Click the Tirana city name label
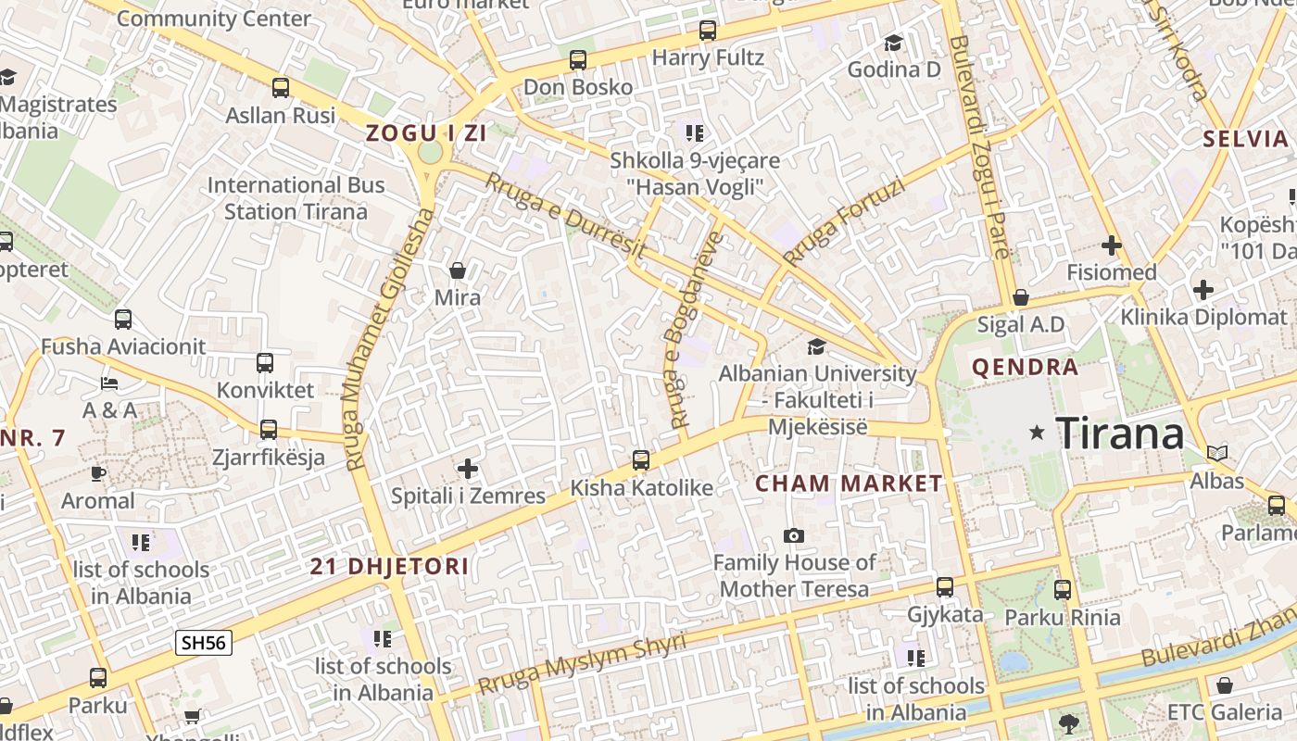pos(1120,433)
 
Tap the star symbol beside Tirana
pos(1037,433)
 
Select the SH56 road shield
pos(204,643)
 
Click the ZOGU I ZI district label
pos(426,132)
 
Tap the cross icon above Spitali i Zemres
pos(468,469)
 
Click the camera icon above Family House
pos(793,535)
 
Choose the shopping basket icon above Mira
pos(457,270)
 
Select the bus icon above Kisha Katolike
pos(640,460)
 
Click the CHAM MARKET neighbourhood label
pos(849,484)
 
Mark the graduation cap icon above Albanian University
pos(816,346)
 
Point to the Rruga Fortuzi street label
pos(843,222)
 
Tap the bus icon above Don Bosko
pos(578,60)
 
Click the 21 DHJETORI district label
pos(389,567)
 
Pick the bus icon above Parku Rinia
pos(1063,589)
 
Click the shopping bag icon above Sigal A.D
pos(1020,297)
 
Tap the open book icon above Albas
pos(1217,453)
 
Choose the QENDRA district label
pos(1026,368)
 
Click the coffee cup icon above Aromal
pos(98,473)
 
